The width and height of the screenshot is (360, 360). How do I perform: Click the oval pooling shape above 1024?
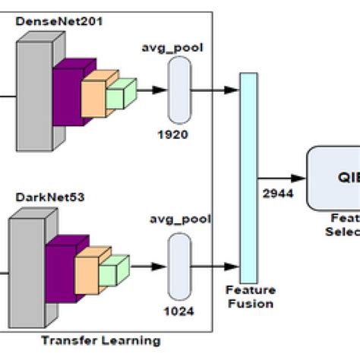180,265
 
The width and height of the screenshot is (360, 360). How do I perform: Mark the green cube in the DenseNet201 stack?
120,94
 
